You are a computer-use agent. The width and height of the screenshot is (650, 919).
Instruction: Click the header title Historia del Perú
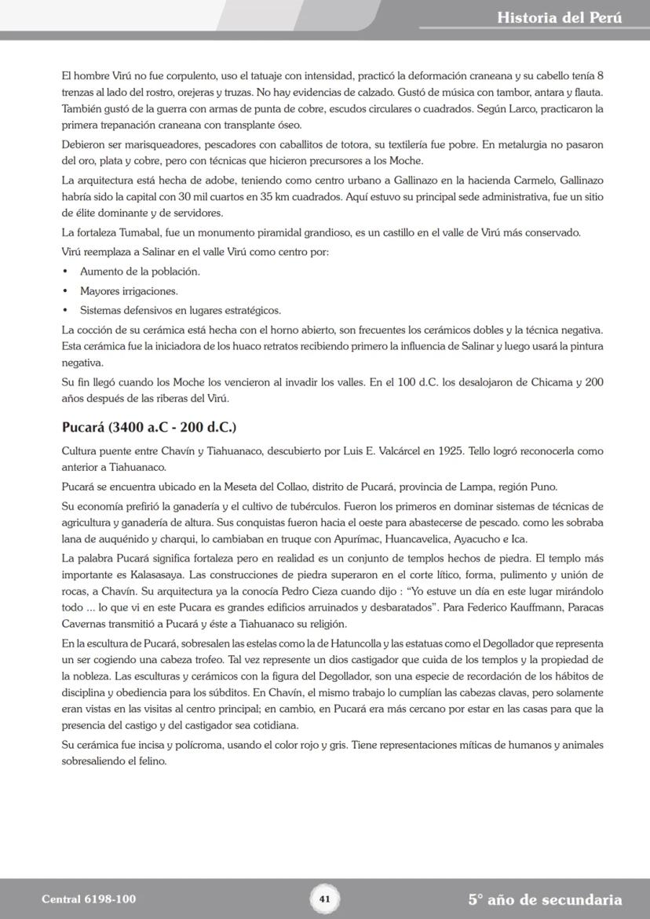(559, 17)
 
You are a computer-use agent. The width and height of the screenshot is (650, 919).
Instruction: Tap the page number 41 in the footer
(324, 899)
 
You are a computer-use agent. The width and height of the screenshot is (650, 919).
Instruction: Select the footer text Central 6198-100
(83, 899)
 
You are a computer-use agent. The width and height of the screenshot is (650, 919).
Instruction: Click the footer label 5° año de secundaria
(545, 899)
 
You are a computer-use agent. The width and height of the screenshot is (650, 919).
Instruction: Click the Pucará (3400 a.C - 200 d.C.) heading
(148, 428)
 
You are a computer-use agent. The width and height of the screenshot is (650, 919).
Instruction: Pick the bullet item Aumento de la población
(129, 272)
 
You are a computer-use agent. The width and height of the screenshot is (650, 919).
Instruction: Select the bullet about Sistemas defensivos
(180, 310)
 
